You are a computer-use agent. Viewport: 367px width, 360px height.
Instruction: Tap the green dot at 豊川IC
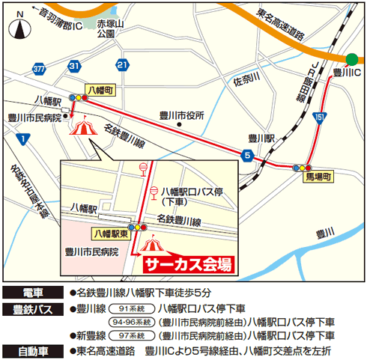[352, 60]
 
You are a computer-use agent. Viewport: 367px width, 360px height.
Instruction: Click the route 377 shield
[40, 68]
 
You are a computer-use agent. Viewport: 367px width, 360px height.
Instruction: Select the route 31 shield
[73, 67]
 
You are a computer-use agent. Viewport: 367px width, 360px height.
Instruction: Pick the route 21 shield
[122, 67]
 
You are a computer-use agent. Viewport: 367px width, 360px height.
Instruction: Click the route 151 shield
[320, 118]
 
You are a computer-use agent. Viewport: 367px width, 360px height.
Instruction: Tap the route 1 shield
[25, 138]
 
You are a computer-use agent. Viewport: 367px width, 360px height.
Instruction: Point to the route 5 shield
[246, 155]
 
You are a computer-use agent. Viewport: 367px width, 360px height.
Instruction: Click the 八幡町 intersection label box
[99, 88]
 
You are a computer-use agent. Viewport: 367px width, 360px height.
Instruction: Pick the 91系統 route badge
[128, 308]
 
